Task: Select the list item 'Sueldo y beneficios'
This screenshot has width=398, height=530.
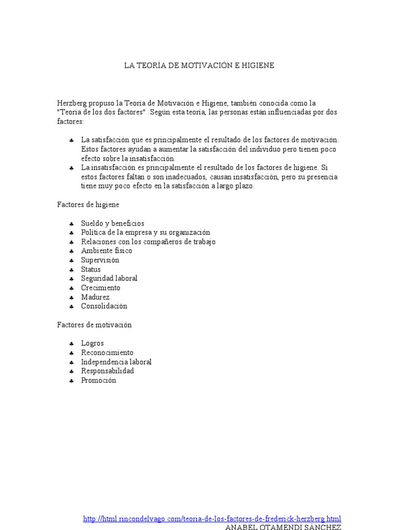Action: click(x=112, y=224)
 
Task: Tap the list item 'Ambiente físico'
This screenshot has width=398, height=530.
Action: click(x=106, y=251)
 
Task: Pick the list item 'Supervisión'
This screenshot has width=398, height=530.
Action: click(x=100, y=260)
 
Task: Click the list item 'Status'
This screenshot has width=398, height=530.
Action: click(x=91, y=270)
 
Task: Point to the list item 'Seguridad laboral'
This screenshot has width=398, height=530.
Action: click(x=109, y=278)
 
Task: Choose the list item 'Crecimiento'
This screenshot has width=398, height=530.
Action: click(x=101, y=288)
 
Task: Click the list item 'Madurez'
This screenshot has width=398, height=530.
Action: click(x=95, y=297)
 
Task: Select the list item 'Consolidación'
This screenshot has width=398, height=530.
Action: click(x=104, y=306)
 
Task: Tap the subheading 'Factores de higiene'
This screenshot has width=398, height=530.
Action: click(x=88, y=205)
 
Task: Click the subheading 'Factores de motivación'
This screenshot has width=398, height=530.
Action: click(x=94, y=325)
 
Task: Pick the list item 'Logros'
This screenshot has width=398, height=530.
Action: click(x=92, y=343)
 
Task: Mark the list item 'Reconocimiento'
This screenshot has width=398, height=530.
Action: click(x=107, y=352)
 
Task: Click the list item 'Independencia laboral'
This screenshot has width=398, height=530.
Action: click(x=116, y=362)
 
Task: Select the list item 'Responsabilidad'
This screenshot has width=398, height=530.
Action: click(x=107, y=371)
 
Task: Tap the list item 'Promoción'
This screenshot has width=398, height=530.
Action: click(x=98, y=380)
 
